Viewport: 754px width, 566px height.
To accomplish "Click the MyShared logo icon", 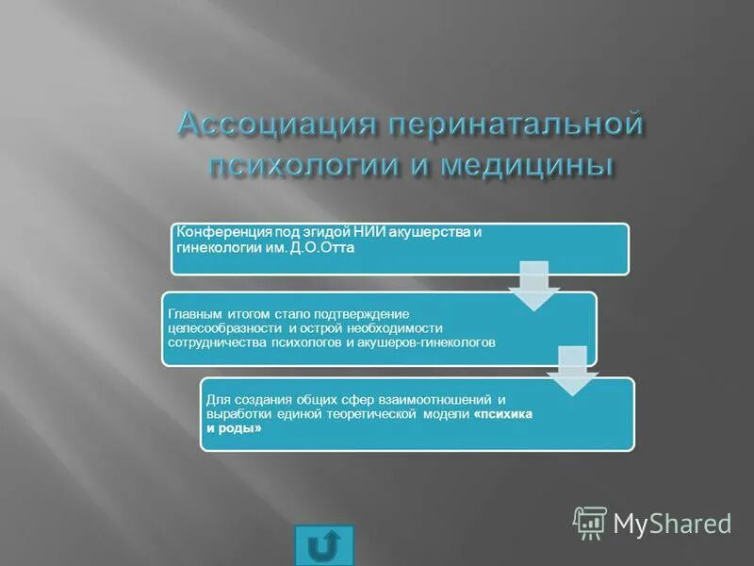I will pyautogui.click(x=590, y=522).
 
